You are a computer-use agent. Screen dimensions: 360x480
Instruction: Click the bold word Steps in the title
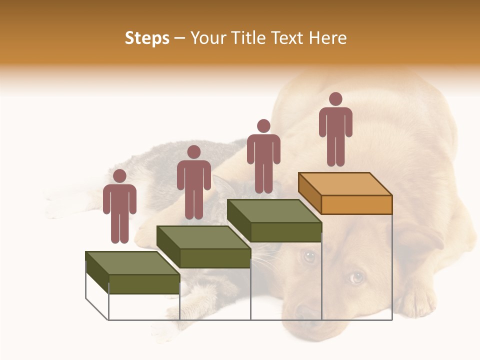pos(147,38)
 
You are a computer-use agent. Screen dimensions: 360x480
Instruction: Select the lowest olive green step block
pos(133,272)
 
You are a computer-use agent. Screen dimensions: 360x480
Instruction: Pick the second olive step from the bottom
pos(204,247)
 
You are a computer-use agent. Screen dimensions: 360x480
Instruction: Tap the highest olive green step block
pos(274,220)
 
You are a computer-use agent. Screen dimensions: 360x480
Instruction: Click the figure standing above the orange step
pos(335,130)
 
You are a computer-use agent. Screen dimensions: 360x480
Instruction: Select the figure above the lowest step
pos(119,207)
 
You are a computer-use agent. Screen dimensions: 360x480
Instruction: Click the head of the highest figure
pos(335,99)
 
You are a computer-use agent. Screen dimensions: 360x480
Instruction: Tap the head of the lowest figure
pos(119,176)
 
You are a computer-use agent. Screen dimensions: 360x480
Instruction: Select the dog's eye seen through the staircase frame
pos(309,256)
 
